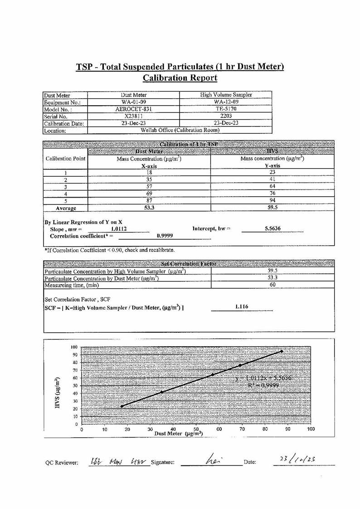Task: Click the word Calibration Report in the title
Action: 180,78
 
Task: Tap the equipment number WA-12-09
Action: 226,102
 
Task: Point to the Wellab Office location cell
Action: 180,131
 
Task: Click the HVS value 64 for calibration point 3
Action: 272,186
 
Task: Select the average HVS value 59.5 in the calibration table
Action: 272,208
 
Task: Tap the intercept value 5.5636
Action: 272,229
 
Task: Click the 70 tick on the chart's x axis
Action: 242,429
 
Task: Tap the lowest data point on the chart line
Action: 122,406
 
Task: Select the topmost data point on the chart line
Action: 282,351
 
